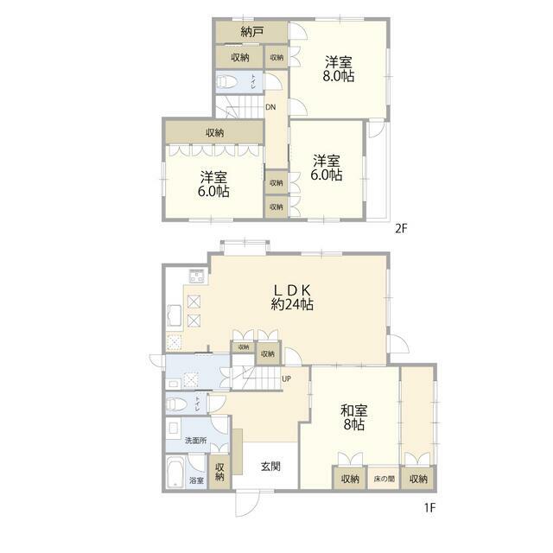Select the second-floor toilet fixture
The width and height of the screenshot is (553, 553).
(228, 83)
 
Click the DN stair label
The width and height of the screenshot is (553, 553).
(270, 107)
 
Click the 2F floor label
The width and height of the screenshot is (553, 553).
(401, 229)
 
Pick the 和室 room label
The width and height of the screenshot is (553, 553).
(352, 412)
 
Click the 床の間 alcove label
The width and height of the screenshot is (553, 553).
(384, 479)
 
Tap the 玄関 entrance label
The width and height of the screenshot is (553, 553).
(270, 467)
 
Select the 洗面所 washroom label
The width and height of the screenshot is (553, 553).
(196, 441)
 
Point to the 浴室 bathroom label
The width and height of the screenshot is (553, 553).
(196, 480)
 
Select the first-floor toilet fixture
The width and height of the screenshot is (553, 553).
(175, 403)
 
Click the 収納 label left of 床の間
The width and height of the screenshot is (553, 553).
(349, 479)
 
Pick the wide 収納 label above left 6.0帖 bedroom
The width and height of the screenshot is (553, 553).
(214, 132)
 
